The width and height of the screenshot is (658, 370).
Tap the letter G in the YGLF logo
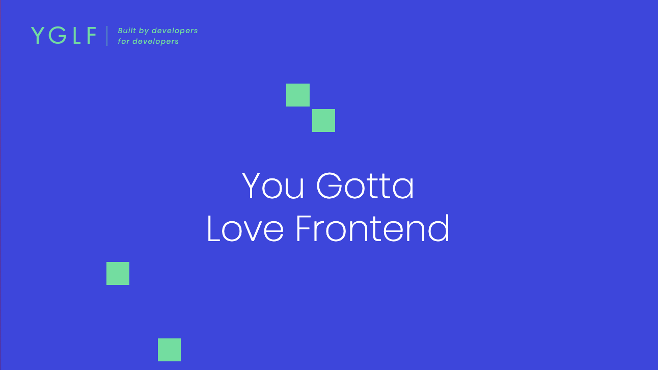coord(57,35)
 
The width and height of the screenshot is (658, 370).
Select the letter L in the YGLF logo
coord(76,35)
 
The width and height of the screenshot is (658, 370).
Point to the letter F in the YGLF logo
coord(91,35)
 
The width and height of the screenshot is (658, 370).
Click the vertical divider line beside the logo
coord(107,36)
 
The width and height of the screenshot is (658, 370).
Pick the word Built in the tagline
coord(127,31)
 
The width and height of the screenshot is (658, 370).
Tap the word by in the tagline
coord(144,31)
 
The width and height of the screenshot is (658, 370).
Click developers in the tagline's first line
coord(175,31)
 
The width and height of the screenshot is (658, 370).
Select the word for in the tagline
coord(124,41)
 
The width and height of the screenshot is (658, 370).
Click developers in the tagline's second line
coord(155,42)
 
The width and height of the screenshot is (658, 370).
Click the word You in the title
coord(272,186)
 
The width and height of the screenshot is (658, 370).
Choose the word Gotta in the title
coord(365,186)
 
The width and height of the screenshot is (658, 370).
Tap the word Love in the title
coord(245,228)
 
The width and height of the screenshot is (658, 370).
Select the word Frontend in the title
coord(372,228)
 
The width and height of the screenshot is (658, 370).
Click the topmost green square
coord(298,95)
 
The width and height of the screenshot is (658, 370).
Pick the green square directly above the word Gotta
coord(323,120)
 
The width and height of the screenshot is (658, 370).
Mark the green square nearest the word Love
coord(118,273)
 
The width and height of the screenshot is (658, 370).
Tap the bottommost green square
coord(169,350)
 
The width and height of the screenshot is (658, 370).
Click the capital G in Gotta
coord(329,186)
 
